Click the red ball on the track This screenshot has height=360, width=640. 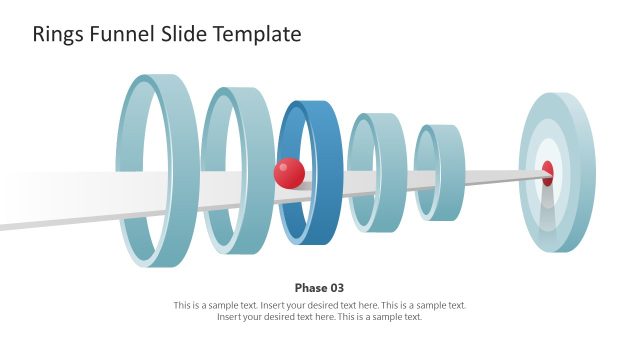pos(289,173)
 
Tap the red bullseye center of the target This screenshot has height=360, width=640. pos(547,172)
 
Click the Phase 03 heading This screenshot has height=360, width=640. pos(319,287)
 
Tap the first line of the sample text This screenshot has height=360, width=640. pos(319,305)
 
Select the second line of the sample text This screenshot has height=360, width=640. pos(319,317)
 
